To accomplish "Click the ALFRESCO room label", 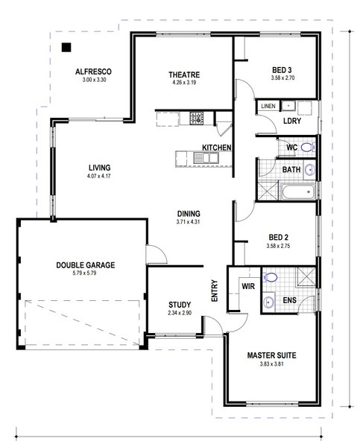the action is [93, 72].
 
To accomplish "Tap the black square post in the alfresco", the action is [66, 48].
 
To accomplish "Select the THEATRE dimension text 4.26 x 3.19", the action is [184, 83].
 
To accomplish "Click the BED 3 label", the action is [282, 70].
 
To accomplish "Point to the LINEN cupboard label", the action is [268, 106].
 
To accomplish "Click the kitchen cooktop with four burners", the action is [197, 118].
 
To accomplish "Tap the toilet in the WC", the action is [308, 148].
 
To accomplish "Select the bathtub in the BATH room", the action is [298, 192].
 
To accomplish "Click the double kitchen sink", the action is [206, 158].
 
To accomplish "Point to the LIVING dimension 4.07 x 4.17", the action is [99, 176].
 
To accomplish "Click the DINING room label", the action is [189, 214].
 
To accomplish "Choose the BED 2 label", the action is [279, 237].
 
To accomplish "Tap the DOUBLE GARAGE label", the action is [86, 265].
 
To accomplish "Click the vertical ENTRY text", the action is [214, 291].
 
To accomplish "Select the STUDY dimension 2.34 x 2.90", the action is [180, 313].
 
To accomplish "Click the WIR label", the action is [248, 286].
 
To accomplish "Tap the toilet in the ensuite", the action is [270, 277].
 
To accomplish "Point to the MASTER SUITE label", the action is [271, 355].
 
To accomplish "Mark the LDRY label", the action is [292, 121].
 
